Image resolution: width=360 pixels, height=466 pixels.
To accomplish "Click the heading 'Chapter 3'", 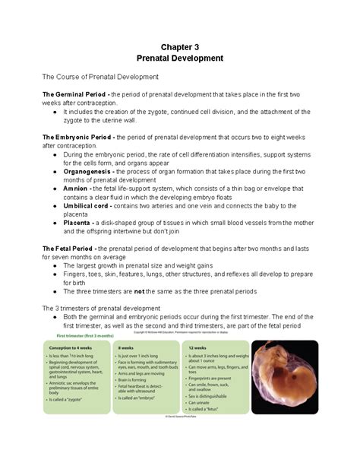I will (x=179, y=46).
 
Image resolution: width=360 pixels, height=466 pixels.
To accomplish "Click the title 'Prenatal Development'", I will (x=179, y=58).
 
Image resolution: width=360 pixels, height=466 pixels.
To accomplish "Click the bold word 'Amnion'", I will (x=76, y=189).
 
